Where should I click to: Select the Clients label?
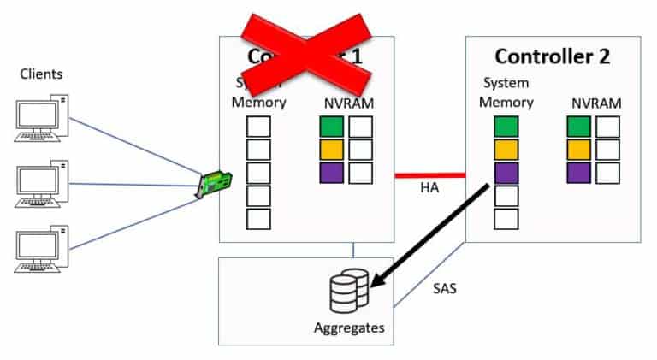42,74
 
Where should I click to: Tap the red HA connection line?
429,175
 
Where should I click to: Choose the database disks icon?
349,291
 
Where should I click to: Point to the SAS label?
443,288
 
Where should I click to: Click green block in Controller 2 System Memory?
506,127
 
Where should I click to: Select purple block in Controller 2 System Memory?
506,173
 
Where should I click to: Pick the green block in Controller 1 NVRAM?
330,127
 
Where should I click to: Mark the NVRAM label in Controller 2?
595,103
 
